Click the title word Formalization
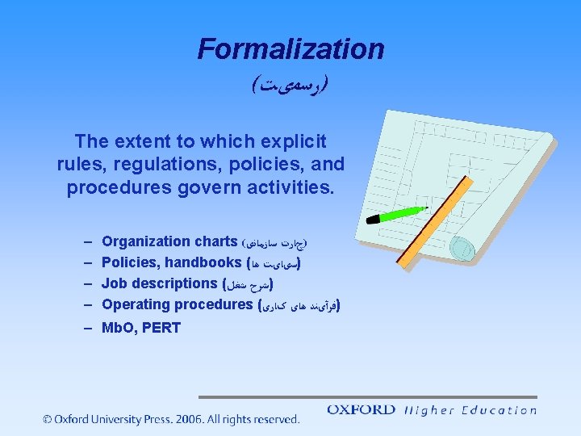[x=290, y=49]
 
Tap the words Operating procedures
[x=178, y=304]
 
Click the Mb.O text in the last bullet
[x=118, y=328]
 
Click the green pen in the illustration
[x=397, y=213]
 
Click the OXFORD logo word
[x=360, y=409]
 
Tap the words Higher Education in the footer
[x=470, y=410]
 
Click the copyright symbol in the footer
[x=48, y=419]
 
